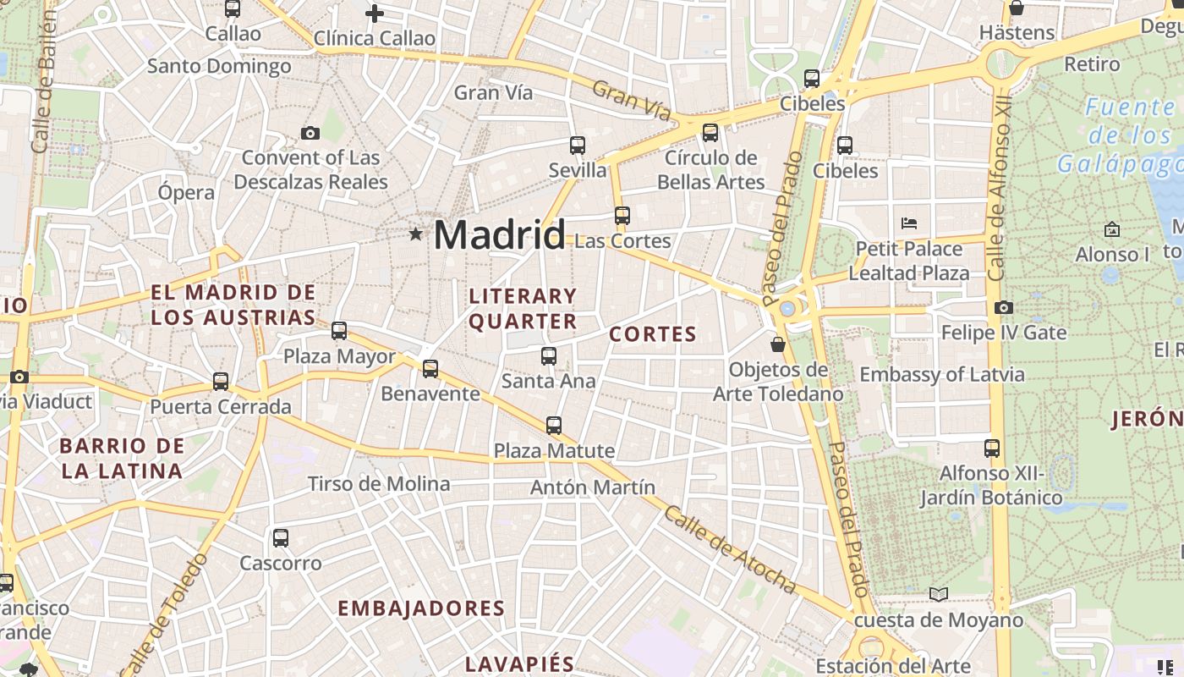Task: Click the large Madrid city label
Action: pyautogui.click(x=499, y=234)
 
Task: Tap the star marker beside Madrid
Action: pyautogui.click(x=415, y=234)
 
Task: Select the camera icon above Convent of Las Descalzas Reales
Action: pyautogui.click(x=310, y=133)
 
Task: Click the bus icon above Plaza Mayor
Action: pyautogui.click(x=339, y=331)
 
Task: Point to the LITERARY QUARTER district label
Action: pyautogui.click(x=523, y=309)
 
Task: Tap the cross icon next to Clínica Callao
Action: pyautogui.click(x=375, y=14)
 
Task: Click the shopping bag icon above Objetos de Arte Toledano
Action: pyautogui.click(x=777, y=344)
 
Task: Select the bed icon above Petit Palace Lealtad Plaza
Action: pyautogui.click(x=909, y=223)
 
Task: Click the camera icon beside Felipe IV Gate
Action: pyautogui.click(x=1004, y=308)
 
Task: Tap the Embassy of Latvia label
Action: pyautogui.click(x=942, y=374)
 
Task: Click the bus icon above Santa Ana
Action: pyautogui.click(x=549, y=356)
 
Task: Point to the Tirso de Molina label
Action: pyautogui.click(x=379, y=484)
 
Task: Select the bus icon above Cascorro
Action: pyautogui.click(x=281, y=538)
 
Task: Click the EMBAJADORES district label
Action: pyautogui.click(x=421, y=608)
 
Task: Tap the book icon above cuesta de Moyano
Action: pyautogui.click(x=939, y=594)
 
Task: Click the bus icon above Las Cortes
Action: pyautogui.click(x=622, y=216)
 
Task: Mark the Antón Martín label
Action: pyautogui.click(x=593, y=487)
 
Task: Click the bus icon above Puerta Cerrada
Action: pyautogui.click(x=221, y=382)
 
